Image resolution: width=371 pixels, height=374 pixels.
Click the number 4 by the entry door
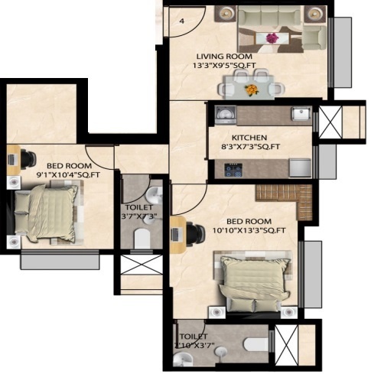182,21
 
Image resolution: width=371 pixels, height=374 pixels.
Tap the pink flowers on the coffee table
271,37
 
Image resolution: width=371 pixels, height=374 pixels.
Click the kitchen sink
301,115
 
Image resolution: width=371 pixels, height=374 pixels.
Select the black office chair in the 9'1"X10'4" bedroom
28,158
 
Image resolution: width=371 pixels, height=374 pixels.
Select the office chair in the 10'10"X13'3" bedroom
191,232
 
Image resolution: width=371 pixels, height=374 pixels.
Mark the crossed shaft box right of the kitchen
333,122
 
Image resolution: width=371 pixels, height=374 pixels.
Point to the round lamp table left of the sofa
225,14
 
